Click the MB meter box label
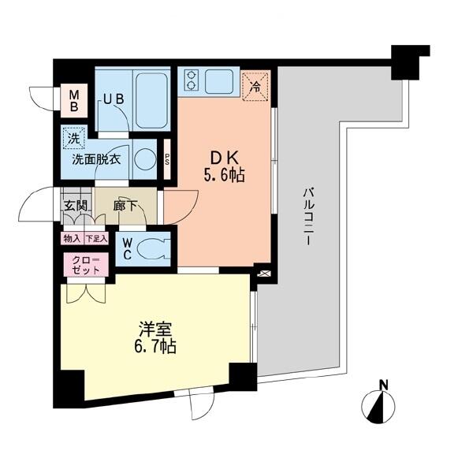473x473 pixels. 74,101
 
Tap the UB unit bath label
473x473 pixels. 114,99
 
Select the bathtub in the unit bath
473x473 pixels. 151,101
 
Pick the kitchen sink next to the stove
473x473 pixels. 219,81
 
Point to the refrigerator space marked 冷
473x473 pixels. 255,86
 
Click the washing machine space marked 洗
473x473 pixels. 74,138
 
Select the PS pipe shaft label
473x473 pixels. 167,158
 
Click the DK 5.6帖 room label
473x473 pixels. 224,166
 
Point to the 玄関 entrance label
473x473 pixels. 76,206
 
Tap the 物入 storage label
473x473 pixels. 73,239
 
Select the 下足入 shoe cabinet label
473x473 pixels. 96,239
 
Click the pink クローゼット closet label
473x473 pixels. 86,265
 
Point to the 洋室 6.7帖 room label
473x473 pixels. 155,338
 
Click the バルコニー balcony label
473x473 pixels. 308,216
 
